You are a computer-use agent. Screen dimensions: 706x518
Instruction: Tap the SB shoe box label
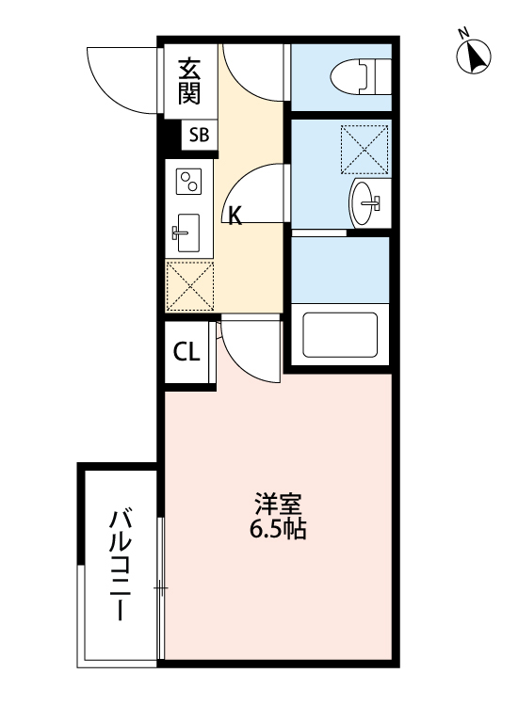point(199,135)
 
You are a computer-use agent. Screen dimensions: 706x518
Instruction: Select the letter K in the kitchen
point(235,216)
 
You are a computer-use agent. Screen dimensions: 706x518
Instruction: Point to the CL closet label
point(186,353)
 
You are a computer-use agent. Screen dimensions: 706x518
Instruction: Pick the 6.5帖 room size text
point(278,529)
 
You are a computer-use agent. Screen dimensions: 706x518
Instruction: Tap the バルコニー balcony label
point(120,565)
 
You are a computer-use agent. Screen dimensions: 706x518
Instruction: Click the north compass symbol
point(474,57)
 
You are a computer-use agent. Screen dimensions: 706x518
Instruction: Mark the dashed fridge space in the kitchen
point(190,285)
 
